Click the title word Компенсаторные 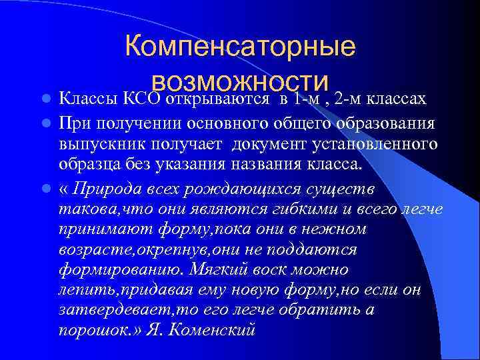point(240,47)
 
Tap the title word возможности point(240,83)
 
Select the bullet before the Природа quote point(46,189)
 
